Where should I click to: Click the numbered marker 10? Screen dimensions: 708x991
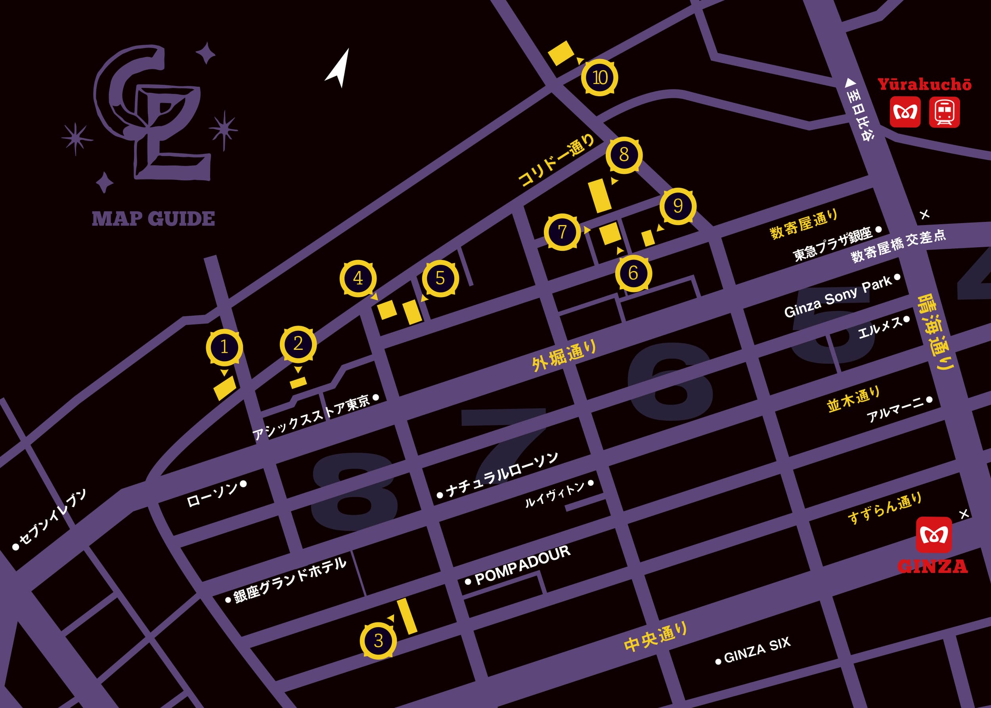[x=600, y=78]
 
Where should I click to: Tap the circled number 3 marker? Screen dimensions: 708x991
[x=378, y=640]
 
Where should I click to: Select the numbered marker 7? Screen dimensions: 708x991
[x=562, y=231]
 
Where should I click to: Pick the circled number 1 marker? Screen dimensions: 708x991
[x=224, y=347]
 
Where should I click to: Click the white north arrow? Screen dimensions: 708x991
[x=339, y=69]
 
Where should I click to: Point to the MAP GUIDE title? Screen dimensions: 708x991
[x=153, y=218]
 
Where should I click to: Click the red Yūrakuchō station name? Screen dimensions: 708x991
[x=924, y=84]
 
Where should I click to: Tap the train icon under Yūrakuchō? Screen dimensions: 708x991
[x=944, y=112]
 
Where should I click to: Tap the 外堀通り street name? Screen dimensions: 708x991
[x=564, y=356]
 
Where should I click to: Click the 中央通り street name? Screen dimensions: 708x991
[x=655, y=637]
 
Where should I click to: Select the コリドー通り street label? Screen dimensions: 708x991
[x=556, y=160]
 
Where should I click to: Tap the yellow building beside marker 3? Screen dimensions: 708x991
[x=407, y=616]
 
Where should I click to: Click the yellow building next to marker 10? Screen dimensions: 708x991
[x=561, y=53]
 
